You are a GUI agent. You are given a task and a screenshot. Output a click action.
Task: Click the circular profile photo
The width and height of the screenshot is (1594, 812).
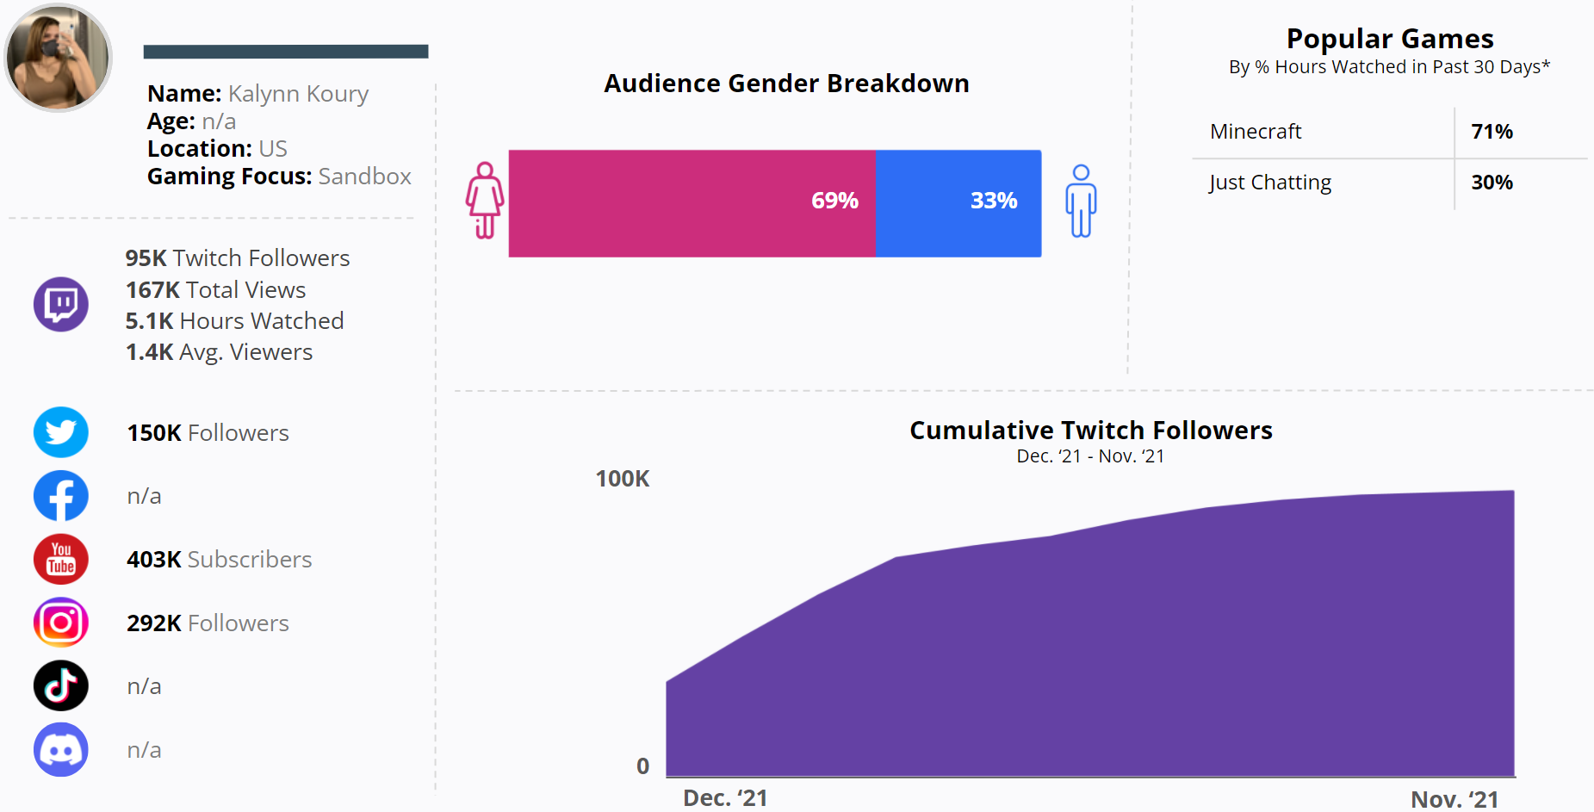[x=58, y=58]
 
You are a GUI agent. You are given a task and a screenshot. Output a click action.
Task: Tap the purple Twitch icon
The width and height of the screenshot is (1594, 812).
[x=61, y=304]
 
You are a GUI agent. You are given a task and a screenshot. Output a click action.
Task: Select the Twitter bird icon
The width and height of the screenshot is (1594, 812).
[x=61, y=432]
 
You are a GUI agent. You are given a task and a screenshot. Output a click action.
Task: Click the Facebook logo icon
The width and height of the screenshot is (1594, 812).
[x=61, y=496]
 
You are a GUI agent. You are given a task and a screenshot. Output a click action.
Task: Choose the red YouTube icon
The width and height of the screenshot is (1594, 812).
[x=61, y=559]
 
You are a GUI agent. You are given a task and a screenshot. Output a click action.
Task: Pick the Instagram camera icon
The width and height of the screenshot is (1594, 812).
[x=61, y=623]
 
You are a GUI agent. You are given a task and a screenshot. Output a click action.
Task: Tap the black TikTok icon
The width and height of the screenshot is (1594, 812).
[x=61, y=685]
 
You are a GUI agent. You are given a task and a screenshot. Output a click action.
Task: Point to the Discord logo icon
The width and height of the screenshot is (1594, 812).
[x=61, y=749]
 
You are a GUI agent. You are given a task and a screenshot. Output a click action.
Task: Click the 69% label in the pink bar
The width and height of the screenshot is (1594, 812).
[x=834, y=201]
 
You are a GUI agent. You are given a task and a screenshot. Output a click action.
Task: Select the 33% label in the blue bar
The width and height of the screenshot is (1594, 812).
[x=994, y=201]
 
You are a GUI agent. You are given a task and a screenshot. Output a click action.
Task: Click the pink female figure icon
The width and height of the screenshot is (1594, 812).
[x=485, y=200]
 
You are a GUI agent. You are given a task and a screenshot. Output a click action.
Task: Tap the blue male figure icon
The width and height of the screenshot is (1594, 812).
[x=1081, y=201]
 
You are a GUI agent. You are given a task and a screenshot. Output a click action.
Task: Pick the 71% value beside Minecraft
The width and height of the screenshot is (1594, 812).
[x=1492, y=132]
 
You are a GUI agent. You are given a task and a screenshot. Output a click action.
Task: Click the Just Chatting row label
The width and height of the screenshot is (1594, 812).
[x=1270, y=183]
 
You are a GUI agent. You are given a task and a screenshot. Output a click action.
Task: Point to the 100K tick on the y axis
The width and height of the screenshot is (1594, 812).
[x=623, y=479]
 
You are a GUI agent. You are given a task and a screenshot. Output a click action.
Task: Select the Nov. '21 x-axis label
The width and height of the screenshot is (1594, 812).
[x=1454, y=799]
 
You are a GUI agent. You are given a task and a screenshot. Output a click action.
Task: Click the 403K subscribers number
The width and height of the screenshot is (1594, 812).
[x=154, y=560]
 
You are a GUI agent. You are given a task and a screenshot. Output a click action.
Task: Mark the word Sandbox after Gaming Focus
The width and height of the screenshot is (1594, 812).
[x=364, y=177]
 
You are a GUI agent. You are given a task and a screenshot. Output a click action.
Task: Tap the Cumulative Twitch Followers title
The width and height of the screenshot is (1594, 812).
[x=1090, y=431]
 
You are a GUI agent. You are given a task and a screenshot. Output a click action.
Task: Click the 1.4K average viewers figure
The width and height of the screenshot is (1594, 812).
[x=150, y=352]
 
